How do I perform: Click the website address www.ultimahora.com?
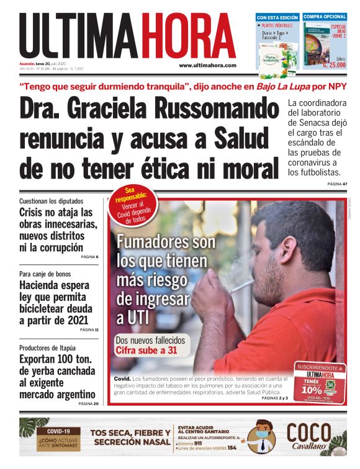[x=207, y=65]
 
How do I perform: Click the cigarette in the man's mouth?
[x=242, y=286]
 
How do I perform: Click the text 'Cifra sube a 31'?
[x=146, y=351]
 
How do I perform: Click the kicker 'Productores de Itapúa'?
[x=50, y=348]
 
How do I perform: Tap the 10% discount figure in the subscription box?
[x=312, y=391]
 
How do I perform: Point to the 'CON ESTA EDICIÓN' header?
[x=277, y=17]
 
